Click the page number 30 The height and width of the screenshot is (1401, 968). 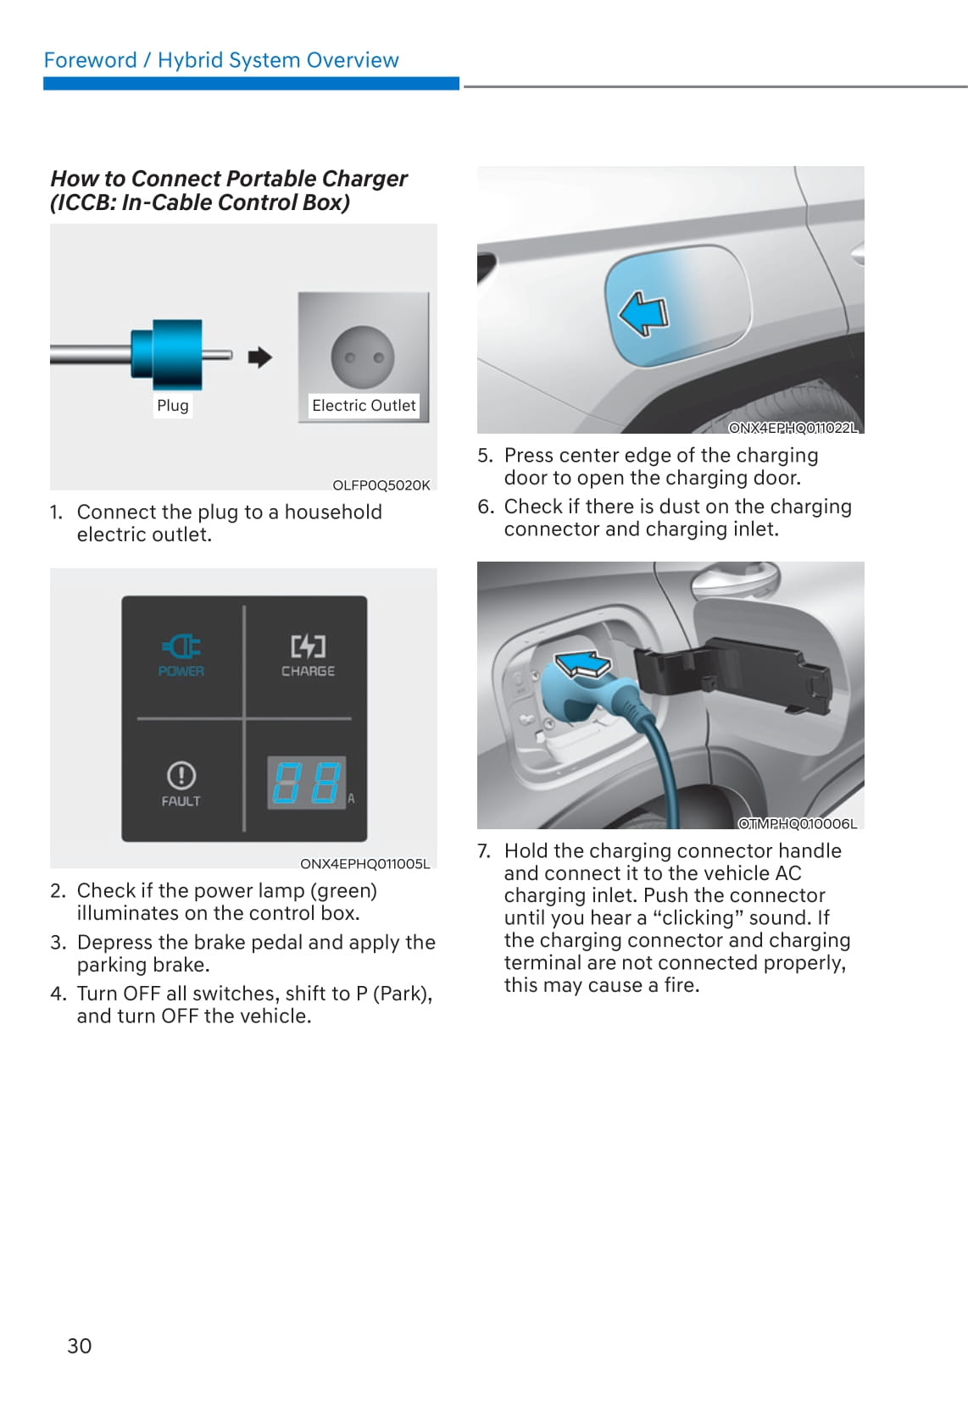click(x=80, y=1345)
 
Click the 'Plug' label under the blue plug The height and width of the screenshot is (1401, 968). click(x=173, y=405)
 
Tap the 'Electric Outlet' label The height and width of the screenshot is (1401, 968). click(x=364, y=405)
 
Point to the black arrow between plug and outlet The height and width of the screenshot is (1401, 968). click(x=260, y=357)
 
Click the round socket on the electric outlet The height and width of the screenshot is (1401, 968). click(x=362, y=357)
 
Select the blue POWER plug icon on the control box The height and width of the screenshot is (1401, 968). click(x=181, y=646)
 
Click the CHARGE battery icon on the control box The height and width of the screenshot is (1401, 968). click(x=308, y=646)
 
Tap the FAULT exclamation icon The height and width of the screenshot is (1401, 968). click(x=181, y=776)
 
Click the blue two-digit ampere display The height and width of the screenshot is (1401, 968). click(x=307, y=783)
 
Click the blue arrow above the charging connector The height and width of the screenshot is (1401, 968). click(x=583, y=663)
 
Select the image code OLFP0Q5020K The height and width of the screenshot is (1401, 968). click(x=381, y=485)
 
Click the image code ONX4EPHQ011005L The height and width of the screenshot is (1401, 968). click(x=364, y=864)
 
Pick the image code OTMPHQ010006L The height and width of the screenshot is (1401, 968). click(x=798, y=823)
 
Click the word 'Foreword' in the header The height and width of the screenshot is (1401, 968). click(x=90, y=60)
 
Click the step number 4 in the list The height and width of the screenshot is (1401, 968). click(x=57, y=994)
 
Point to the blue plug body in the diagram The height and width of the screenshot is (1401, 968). click(x=167, y=354)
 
